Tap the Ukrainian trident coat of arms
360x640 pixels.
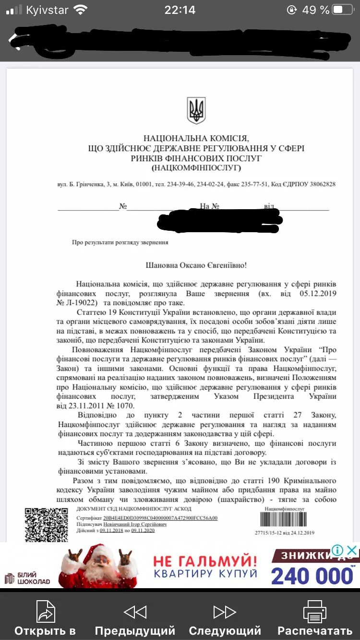tap(196, 110)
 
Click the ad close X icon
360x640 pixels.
tap(352, 550)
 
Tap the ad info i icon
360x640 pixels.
tap(337, 550)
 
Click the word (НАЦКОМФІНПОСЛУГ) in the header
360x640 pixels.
tap(196, 167)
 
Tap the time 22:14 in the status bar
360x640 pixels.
tap(180, 10)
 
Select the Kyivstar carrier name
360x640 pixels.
tap(47, 10)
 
